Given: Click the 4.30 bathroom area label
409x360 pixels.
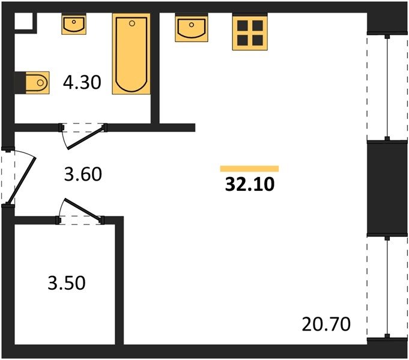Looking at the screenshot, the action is (82, 82).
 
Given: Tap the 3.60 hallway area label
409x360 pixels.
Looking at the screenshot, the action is (83, 174).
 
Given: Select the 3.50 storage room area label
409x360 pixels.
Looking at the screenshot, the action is (67, 283).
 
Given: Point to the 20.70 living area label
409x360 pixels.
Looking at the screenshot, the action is (326, 324).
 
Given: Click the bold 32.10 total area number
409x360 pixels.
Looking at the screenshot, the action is (250, 184).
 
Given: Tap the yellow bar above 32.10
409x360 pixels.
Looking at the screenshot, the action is (249, 169).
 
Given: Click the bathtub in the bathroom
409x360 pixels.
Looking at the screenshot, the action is (131, 54).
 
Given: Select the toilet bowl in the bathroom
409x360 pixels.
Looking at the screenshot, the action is (38, 82).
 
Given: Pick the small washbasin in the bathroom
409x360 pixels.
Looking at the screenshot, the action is (74, 25).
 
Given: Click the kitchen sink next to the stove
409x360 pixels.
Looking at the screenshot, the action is (192, 28).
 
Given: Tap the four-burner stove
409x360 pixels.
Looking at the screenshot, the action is (250, 32).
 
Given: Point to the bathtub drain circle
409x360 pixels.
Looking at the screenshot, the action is (132, 23).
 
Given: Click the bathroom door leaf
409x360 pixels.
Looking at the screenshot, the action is (86, 137).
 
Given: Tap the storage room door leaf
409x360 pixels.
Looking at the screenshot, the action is (83, 209).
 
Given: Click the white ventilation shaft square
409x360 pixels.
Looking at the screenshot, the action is (23, 21).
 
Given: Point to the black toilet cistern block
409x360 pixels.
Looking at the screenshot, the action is (20, 82).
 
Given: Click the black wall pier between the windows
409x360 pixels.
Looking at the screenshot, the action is (387, 188).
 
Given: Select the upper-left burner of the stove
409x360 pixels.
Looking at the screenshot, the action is (242, 26).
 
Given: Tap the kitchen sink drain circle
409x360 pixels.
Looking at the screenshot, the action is (192, 25).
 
